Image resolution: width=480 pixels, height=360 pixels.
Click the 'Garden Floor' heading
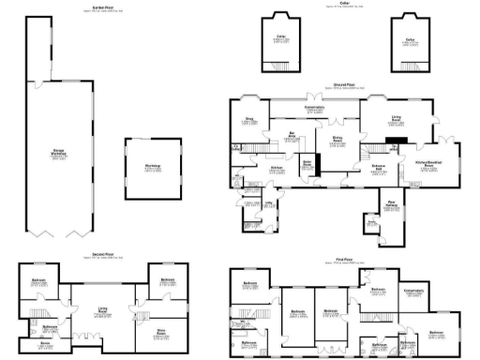coord(91,6)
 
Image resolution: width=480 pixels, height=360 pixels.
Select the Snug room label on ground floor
coord(249,120)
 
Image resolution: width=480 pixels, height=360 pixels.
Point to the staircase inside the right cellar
coord(411,65)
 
